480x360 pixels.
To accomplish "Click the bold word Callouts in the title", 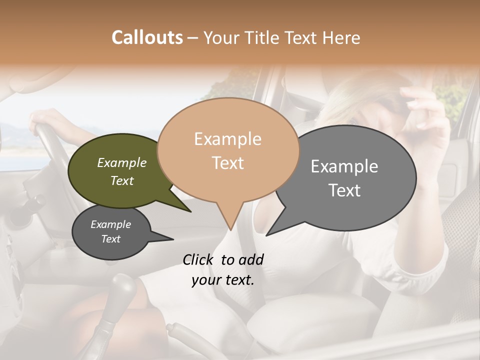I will (147, 37).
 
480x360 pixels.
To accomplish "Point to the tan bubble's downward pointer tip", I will (230, 230).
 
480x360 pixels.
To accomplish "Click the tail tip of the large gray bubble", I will (266, 235).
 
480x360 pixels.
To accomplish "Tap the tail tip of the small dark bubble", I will (173, 239).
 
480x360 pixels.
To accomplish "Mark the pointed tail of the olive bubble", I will (191, 212).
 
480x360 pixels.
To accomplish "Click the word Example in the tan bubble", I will (227, 139).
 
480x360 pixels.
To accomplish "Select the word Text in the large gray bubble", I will (344, 190).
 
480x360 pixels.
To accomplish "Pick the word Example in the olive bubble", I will (121, 162).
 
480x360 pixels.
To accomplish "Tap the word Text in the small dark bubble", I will (111, 239).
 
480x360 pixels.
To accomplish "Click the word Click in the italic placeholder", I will (198, 259).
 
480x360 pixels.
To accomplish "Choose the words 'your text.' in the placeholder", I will (223, 280).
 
